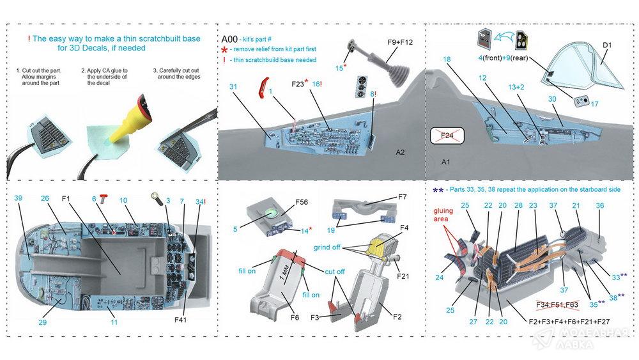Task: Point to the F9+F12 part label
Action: pos(401,42)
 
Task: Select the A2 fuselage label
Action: pos(401,152)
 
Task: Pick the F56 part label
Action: pos(301,203)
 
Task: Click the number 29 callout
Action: pos(42,322)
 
